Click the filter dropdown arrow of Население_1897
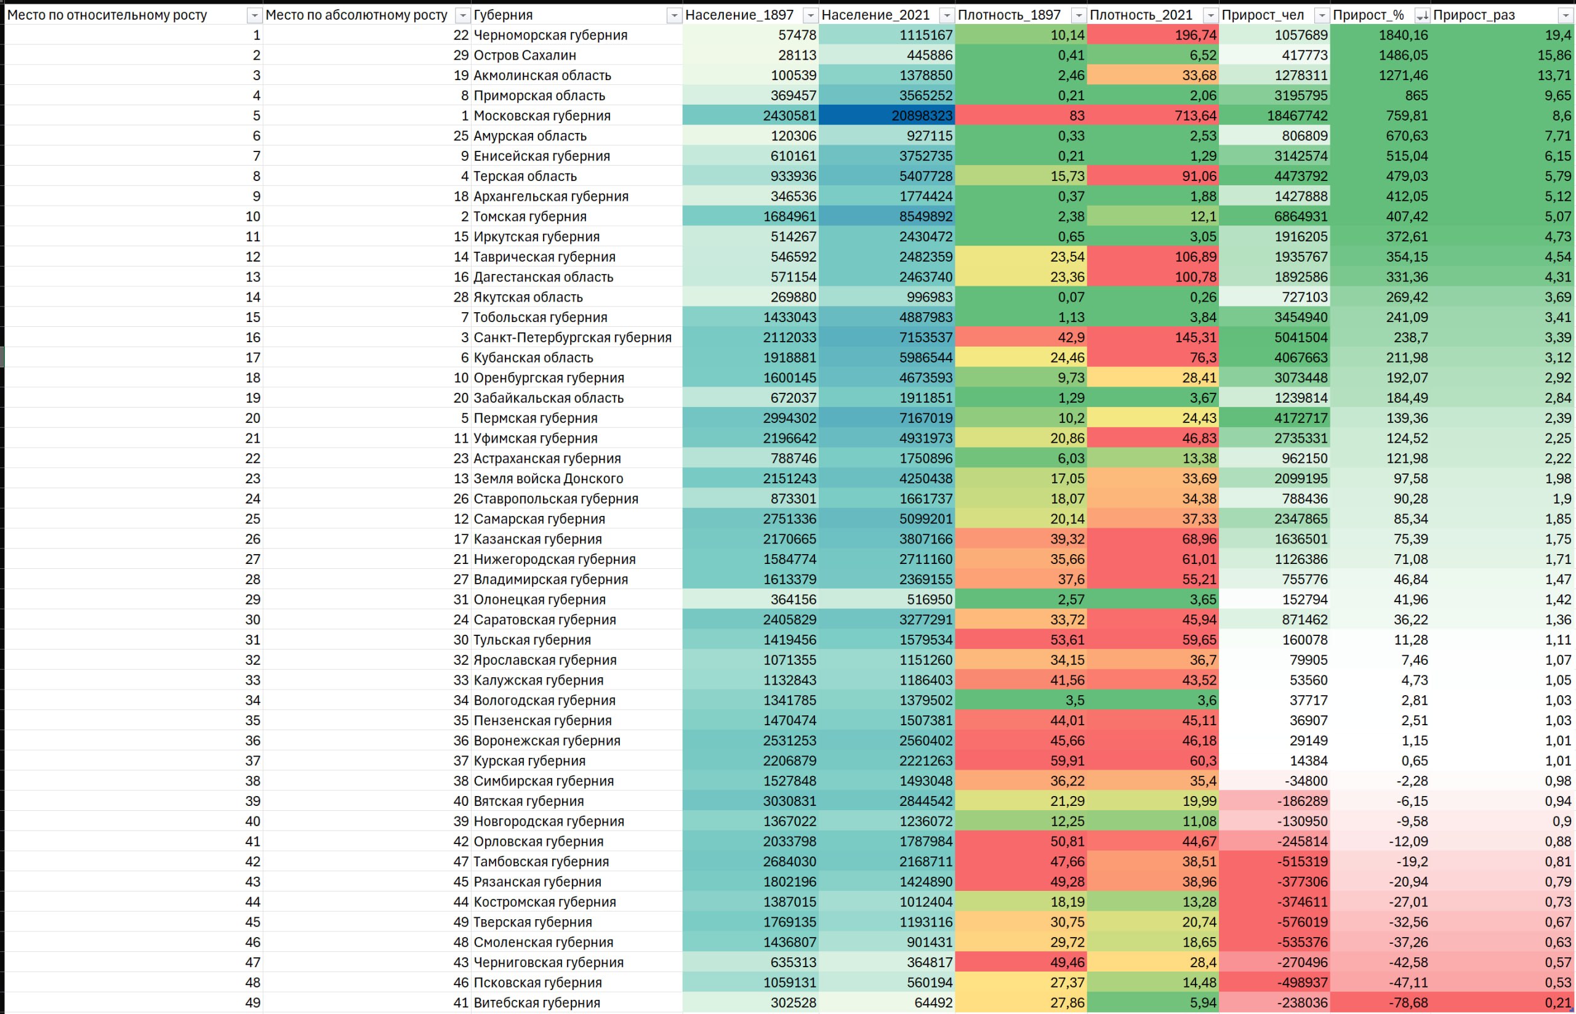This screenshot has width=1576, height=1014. pyautogui.click(x=810, y=15)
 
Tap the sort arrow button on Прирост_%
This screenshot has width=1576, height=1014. pyautogui.click(x=1421, y=15)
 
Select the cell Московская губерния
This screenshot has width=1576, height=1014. pyautogui.click(x=542, y=116)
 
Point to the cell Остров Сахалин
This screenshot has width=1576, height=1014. pyautogui.click(x=525, y=55)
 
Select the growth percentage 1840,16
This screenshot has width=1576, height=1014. pyautogui.click(x=1404, y=35)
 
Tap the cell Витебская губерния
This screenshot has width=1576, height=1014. pyautogui.click(x=537, y=1003)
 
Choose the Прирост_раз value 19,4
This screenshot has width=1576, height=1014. pyautogui.click(x=1558, y=35)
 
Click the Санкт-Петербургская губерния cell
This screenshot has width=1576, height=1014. pyautogui.click(x=572, y=338)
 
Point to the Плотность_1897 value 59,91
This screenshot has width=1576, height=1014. pyautogui.click(x=1067, y=760)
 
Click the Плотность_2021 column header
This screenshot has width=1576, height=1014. pyautogui.click(x=1141, y=15)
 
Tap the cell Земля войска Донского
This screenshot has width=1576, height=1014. pyautogui.click(x=548, y=479)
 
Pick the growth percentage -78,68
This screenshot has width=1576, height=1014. pyautogui.click(x=1408, y=1003)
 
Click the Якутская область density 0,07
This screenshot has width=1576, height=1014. pyautogui.click(x=1071, y=297)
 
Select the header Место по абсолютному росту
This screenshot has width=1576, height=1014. pyautogui.click(x=356, y=15)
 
